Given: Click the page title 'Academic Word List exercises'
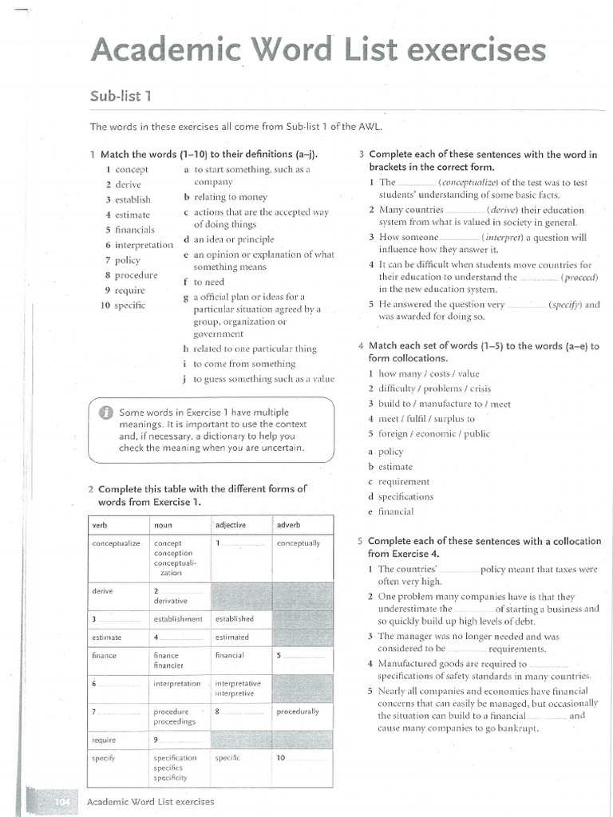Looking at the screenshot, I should click(x=318, y=51).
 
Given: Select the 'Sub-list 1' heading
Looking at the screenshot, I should click(x=121, y=97).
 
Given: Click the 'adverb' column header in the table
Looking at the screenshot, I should click(x=289, y=525).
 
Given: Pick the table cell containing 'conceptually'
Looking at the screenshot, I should click(x=299, y=543).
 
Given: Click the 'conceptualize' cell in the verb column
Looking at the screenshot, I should click(x=117, y=543).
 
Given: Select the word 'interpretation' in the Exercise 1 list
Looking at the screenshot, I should click(x=144, y=245).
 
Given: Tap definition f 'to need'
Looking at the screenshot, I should click(x=208, y=282).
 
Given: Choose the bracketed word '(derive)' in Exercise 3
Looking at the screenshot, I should click(x=504, y=210).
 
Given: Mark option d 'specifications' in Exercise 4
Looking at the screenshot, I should click(x=405, y=496).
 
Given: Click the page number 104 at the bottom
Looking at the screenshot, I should click(x=63, y=802).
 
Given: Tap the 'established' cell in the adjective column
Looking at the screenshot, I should click(x=234, y=618).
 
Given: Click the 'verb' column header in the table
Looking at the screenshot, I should click(x=100, y=525).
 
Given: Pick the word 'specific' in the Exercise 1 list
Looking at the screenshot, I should click(x=130, y=306).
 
